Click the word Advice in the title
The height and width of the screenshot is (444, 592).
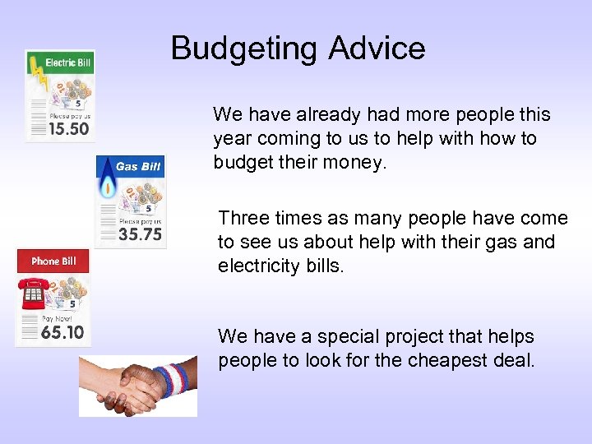377,49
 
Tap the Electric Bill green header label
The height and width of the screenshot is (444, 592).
67,62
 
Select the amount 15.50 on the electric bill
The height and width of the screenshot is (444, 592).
69,129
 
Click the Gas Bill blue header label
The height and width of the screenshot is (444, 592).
137,167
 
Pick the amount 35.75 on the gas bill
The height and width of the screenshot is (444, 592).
140,234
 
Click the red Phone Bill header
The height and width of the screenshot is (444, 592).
53,261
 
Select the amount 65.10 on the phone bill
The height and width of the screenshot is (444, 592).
62,332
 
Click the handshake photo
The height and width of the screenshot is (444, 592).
138,386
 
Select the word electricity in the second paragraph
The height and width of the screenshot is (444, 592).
257,266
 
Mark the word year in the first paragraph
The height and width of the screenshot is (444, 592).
231,138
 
